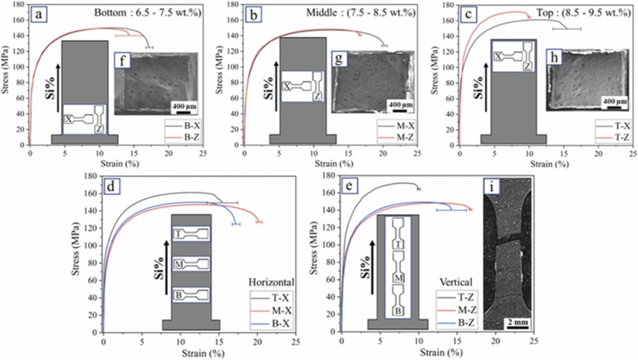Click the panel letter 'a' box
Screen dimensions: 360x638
pyautogui.click(x=44, y=13)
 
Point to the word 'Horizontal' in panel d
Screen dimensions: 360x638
pyautogui.click(x=271, y=282)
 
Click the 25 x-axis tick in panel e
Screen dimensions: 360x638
pyautogui.click(x=533, y=343)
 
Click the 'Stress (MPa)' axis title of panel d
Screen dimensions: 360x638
pyautogui.click(x=77, y=255)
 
